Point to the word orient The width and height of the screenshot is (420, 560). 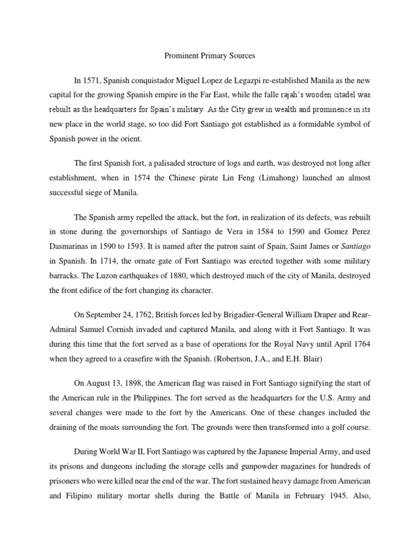(129, 139)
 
